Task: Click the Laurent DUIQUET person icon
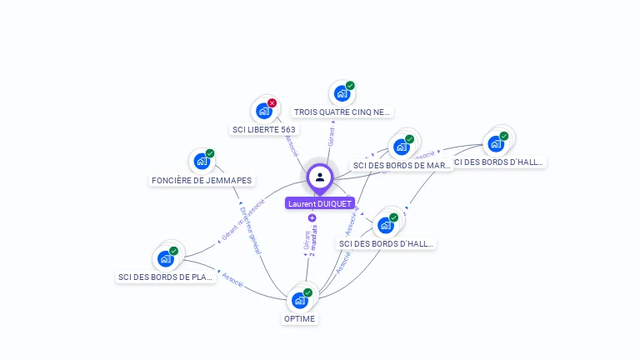click(x=320, y=177)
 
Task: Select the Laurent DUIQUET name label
click(x=320, y=203)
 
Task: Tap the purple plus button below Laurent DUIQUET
click(x=312, y=218)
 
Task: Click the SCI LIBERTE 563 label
click(x=264, y=129)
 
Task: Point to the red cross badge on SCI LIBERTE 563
click(x=272, y=103)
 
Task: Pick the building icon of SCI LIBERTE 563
click(x=263, y=111)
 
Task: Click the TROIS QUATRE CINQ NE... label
click(x=342, y=112)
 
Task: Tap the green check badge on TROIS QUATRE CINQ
click(x=350, y=86)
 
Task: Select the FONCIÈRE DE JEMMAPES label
click(x=202, y=180)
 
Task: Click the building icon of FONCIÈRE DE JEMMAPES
click(x=201, y=162)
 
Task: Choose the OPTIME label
click(x=300, y=318)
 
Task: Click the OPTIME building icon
click(x=299, y=301)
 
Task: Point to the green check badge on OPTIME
click(x=307, y=292)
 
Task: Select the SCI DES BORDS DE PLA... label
click(x=166, y=277)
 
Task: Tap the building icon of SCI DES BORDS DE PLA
click(x=165, y=258)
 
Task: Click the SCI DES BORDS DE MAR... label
click(x=402, y=165)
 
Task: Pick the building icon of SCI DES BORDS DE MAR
click(x=401, y=147)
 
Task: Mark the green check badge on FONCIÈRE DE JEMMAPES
click(x=210, y=153)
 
